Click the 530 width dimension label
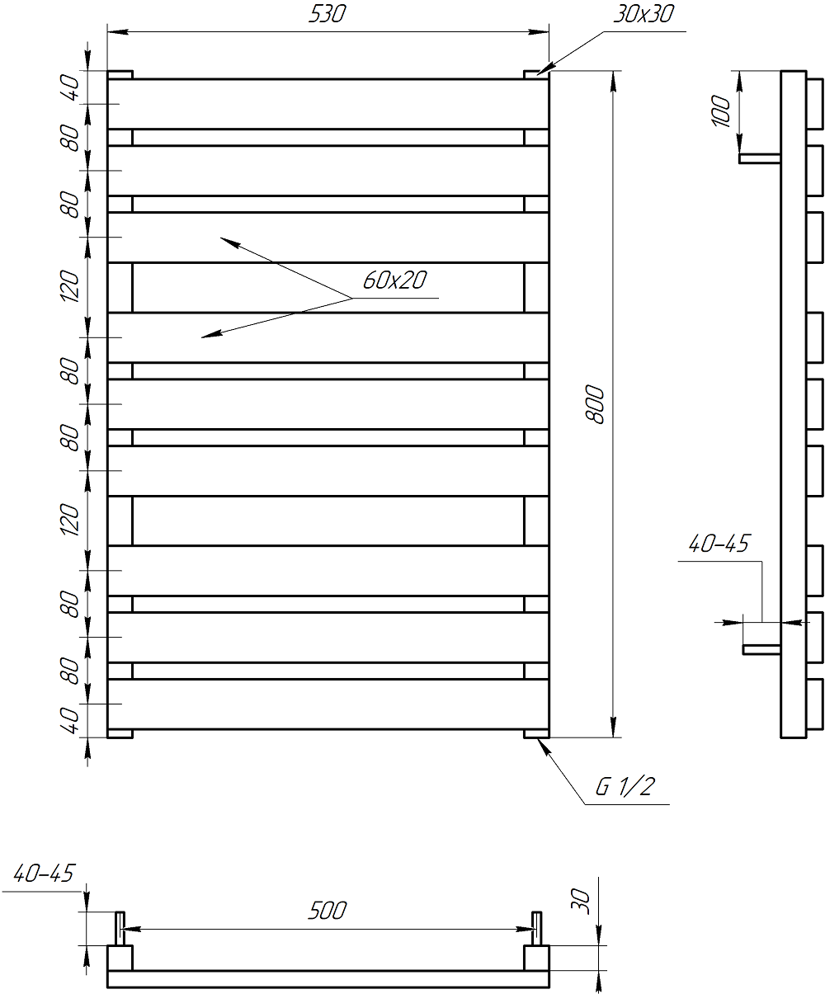[328, 16]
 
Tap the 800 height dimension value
[598, 405]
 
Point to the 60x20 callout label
[394, 280]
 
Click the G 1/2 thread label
[625, 787]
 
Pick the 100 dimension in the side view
[722, 111]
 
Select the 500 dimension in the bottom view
[328, 911]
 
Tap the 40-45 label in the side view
[718, 544]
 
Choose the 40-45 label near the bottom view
[44, 874]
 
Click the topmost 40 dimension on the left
[71, 87]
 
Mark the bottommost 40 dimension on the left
[71, 720]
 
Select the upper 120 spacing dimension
[71, 286]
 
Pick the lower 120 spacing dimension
[71, 520]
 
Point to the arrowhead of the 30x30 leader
[542, 72]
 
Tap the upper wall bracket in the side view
[760, 158]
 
